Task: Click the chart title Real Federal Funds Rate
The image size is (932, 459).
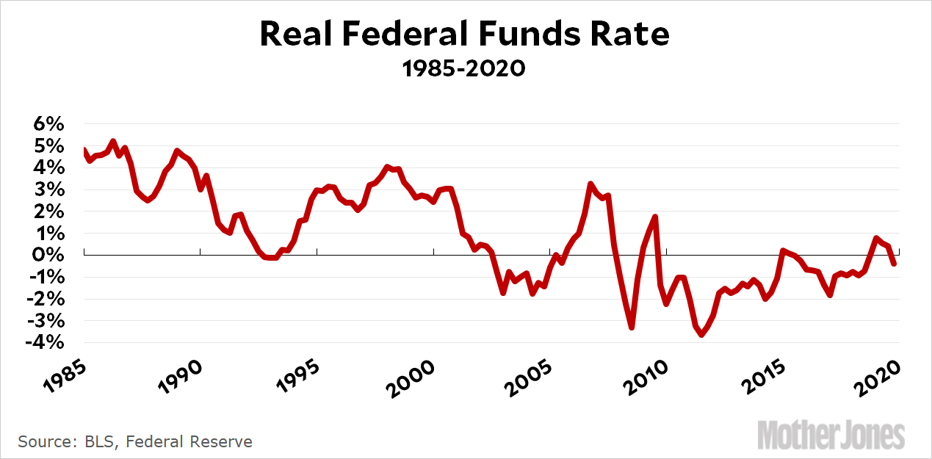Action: pyautogui.click(x=465, y=35)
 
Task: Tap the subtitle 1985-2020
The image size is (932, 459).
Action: pyautogui.click(x=464, y=69)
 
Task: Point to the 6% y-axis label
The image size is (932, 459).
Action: pyautogui.click(x=48, y=124)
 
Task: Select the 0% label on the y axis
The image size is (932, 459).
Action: pyautogui.click(x=48, y=255)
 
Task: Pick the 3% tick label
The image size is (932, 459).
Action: pyautogui.click(x=48, y=189)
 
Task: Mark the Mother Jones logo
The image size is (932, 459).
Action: pyautogui.click(x=831, y=434)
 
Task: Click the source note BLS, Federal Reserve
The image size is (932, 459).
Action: pyautogui.click(x=135, y=441)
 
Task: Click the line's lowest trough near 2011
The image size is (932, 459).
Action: pyautogui.click(x=701, y=335)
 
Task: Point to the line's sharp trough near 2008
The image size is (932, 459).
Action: pyautogui.click(x=632, y=328)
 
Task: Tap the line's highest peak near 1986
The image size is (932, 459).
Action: pyautogui.click(x=112, y=141)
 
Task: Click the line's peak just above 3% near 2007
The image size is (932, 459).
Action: pyautogui.click(x=590, y=184)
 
